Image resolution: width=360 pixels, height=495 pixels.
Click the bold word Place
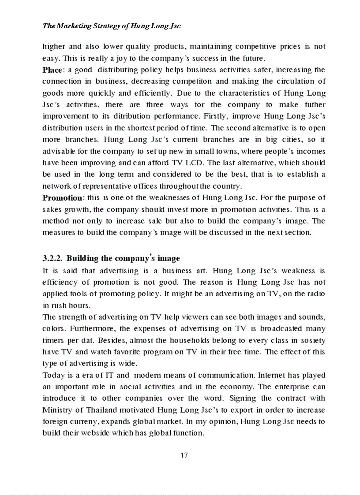point(52,70)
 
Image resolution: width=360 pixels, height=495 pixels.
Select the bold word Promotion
point(62,197)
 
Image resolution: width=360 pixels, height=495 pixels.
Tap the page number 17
point(184,455)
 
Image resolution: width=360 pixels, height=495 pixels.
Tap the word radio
point(316,294)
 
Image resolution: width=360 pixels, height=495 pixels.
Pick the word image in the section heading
point(167,258)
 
